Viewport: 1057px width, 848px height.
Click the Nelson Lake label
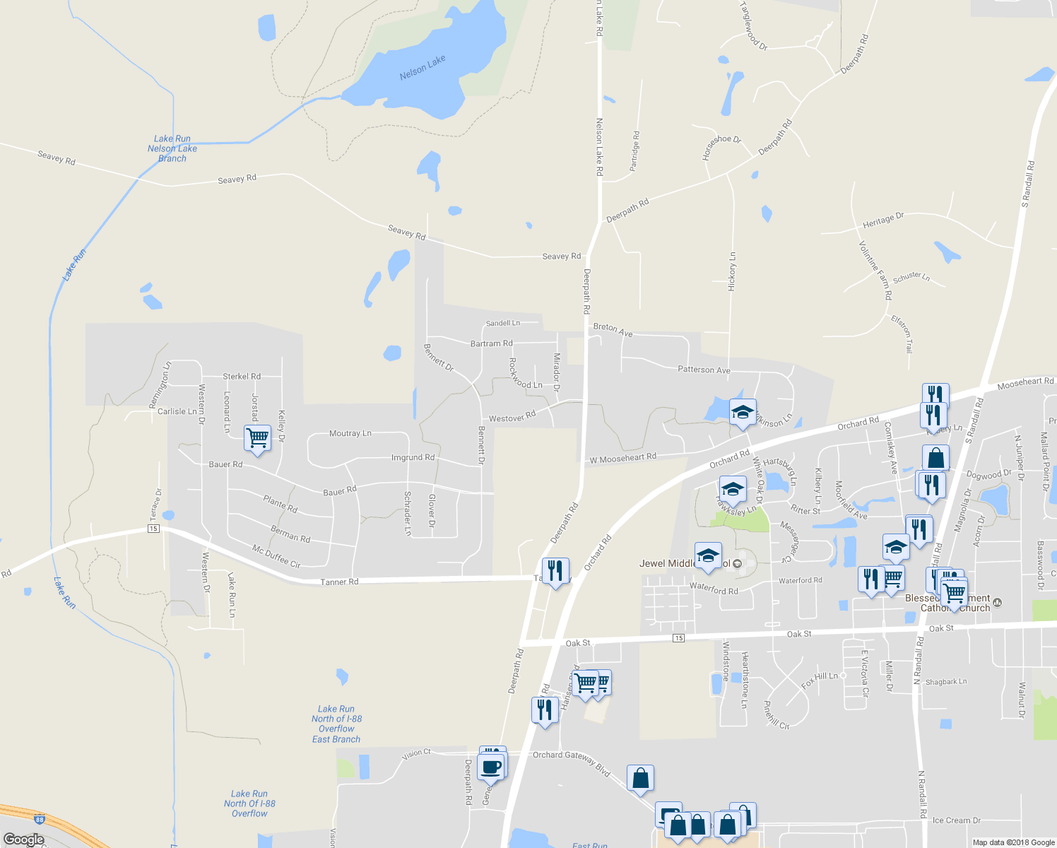423,67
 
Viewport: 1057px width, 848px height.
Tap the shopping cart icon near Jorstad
257,437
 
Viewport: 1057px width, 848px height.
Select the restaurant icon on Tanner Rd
555,570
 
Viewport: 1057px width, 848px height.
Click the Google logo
23,840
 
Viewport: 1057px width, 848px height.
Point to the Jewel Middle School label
685,563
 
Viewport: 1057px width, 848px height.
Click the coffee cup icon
490,766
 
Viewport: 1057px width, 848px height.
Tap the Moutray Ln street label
350,433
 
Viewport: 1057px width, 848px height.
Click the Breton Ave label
613,329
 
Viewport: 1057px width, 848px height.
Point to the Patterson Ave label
704,370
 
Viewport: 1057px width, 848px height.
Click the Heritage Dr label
883,220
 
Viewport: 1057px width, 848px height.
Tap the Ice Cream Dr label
956,820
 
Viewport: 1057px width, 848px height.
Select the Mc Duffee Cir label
276,556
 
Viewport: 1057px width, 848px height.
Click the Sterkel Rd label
242,377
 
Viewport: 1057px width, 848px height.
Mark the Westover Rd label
512,417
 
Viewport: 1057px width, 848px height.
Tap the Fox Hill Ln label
820,680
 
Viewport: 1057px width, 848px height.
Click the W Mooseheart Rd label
623,459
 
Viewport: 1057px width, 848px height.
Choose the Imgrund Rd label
413,458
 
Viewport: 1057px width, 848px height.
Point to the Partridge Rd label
634,151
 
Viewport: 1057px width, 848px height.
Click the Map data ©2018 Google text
1013,842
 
